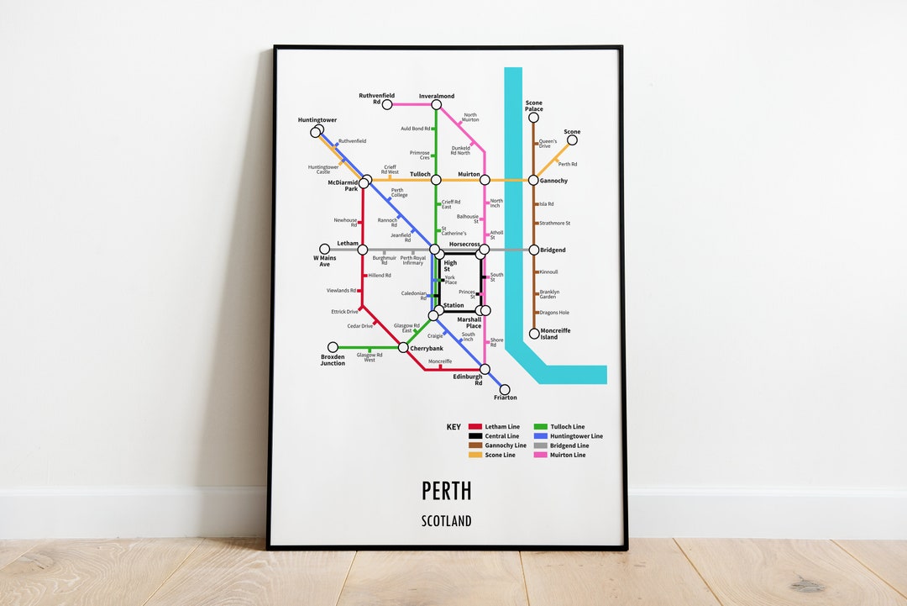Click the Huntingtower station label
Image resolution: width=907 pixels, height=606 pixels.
pyautogui.click(x=317, y=120)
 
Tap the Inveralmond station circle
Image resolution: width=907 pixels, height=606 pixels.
pyautogui.click(x=436, y=105)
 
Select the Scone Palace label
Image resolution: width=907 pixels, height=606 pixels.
pyautogui.click(x=534, y=106)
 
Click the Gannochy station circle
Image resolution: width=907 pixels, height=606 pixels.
pyautogui.click(x=533, y=180)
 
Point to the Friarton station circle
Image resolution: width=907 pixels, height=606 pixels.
pyautogui.click(x=504, y=389)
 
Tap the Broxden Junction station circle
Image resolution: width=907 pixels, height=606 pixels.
pyautogui.click(x=333, y=347)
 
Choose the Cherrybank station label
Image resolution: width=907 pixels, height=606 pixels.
pyautogui.click(x=426, y=348)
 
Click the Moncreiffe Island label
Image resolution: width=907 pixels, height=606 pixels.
pyautogui.click(x=555, y=334)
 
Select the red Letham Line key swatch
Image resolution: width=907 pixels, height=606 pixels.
pyautogui.click(x=475, y=427)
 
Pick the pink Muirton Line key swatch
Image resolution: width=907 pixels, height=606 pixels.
pyautogui.click(x=541, y=455)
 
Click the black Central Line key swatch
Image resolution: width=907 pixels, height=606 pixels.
pyautogui.click(x=475, y=436)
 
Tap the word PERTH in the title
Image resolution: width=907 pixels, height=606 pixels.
pyautogui.click(x=446, y=490)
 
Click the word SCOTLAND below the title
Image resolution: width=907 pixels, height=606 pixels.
pyautogui.click(x=446, y=521)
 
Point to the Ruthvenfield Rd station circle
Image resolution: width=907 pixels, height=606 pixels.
pyautogui.click(x=387, y=105)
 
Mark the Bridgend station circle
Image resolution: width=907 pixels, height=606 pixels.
pyautogui.click(x=533, y=250)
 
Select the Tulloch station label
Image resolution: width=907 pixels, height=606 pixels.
pyautogui.click(x=420, y=174)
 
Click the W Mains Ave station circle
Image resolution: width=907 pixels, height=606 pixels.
pyautogui.click(x=324, y=250)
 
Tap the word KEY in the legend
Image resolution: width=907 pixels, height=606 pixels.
pyautogui.click(x=453, y=427)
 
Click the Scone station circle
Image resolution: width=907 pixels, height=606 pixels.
pyautogui.click(x=572, y=140)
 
